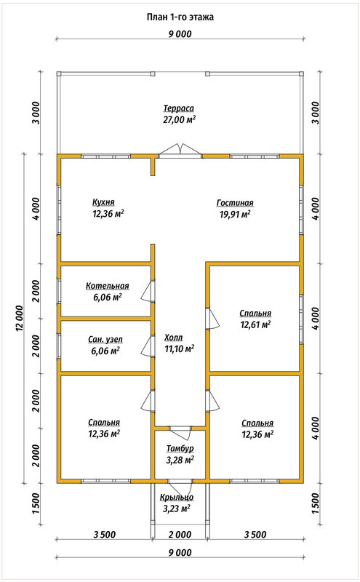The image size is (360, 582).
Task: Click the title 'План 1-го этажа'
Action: click(x=180, y=17)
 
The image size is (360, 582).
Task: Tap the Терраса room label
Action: click(x=179, y=108)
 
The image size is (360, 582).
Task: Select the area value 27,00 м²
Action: click(x=179, y=119)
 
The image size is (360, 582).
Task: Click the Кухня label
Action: click(x=103, y=202)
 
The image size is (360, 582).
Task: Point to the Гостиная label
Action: click(x=235, y=203)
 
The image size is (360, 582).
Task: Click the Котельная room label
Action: click(x=108, y=286)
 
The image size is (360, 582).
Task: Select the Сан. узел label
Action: click(x=105, y=339)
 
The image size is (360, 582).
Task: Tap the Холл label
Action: click(x=174, y=338)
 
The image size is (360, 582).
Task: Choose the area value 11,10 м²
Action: click(x=180, y=349)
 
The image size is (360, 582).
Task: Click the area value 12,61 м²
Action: click(x=255, y=324)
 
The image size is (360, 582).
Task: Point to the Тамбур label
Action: click(x=180, y=449)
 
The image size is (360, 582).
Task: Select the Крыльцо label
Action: click(x=177, y=498)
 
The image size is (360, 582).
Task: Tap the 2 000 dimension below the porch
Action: click(x=180, y=535)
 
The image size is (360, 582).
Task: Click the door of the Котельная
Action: click(x=148, y=290)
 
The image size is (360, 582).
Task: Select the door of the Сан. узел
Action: click(x=148, y=346)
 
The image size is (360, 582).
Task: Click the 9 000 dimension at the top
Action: click(x=180, y=34)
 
